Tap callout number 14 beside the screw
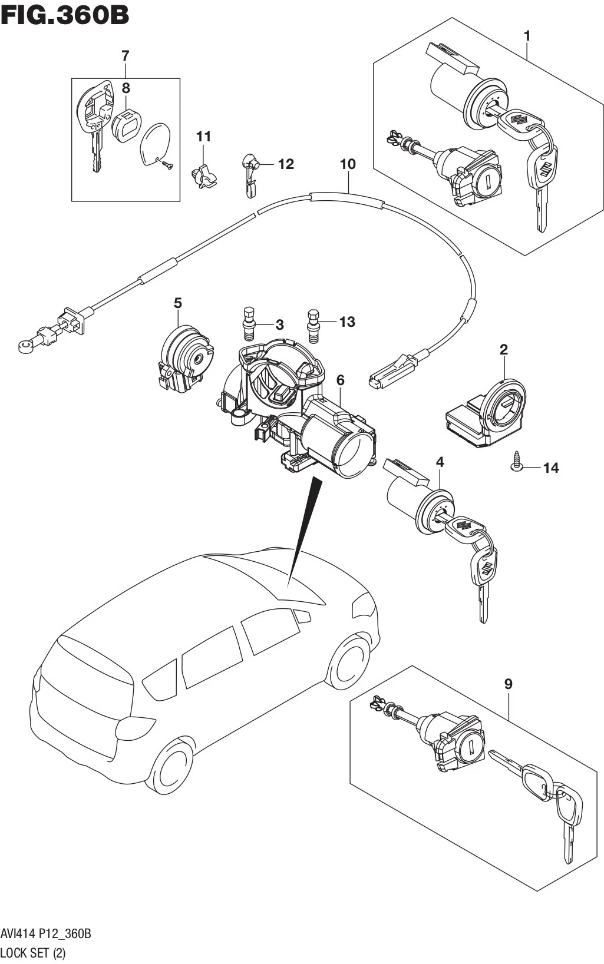(551, 468)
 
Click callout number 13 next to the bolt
(347, 322)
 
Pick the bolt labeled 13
(314, 326)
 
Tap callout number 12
(286, 164)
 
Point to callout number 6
(341, 380)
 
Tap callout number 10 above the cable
(348, 164)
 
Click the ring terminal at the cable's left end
(26, 346)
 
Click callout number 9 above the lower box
(508, 684)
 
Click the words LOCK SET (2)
(34, 952)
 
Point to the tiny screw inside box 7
(166, 164)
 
